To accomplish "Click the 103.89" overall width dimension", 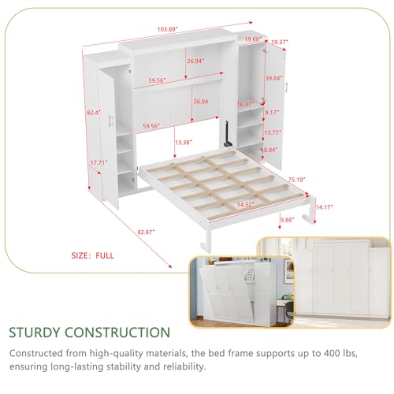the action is [x=168, y=29].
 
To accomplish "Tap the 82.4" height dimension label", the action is [x=94, y=113].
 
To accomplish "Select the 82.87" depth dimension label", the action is [x=146, y=232].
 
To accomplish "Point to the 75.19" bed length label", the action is [x=297, y=180].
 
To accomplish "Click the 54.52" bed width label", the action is [x=246, y=204].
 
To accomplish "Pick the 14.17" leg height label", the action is [x=325, y=207].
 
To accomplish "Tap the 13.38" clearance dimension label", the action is [x=184, y=143].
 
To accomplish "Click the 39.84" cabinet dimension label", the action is [x=273, y=78].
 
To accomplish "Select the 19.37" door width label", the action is [x=280, y=42].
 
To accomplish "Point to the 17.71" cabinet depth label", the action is [x=98, y=162].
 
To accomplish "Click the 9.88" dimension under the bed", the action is [x=288, y=220].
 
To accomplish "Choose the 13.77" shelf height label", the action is [x=273, y=132].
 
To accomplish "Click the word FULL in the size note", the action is [x=105, y=255].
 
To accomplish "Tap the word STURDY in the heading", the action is [x=35, y=333].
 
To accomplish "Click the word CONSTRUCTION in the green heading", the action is [x=117, y=333].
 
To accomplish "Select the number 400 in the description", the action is [x=326, y=353].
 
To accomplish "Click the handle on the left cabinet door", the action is [x=110, y=121].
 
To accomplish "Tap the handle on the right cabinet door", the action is [x=287, y=87].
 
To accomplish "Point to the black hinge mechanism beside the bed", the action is [x=227, y=134].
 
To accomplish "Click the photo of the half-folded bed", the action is [x=242, y=292].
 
